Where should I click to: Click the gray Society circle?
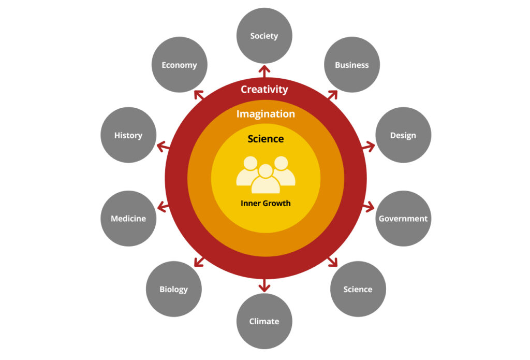(264, 36)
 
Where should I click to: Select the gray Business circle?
(352, 65)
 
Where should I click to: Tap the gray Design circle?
(403, 135)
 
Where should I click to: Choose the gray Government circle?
(403, 218)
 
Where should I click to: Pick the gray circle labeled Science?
(358, 289)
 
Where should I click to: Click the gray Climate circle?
(264, 321)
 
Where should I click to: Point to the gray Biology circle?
(173, 289)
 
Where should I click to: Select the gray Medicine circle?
(128, 218)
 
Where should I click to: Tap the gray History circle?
(128, 135)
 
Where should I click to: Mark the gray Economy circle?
(179, 65)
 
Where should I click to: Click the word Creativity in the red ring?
(264, 89)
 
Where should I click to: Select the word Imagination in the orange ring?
(266, 114)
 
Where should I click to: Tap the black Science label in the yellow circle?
(266, 139)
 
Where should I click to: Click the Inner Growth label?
(266, 203)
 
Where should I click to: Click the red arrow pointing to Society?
(264, 70)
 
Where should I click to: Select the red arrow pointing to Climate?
(264, 285)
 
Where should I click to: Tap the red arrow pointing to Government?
(369, 207)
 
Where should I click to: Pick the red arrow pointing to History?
(161, 147)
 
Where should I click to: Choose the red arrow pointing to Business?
(332, 95)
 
